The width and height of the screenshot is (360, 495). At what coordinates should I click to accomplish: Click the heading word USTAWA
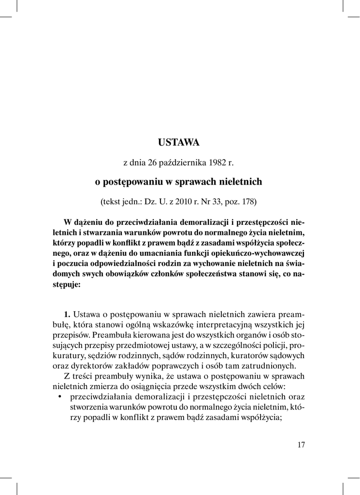click(x=179, y=143)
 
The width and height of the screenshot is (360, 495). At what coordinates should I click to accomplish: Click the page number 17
click(x=301, y=445)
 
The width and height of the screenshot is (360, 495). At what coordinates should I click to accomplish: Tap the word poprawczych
click(x=173, y=366)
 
